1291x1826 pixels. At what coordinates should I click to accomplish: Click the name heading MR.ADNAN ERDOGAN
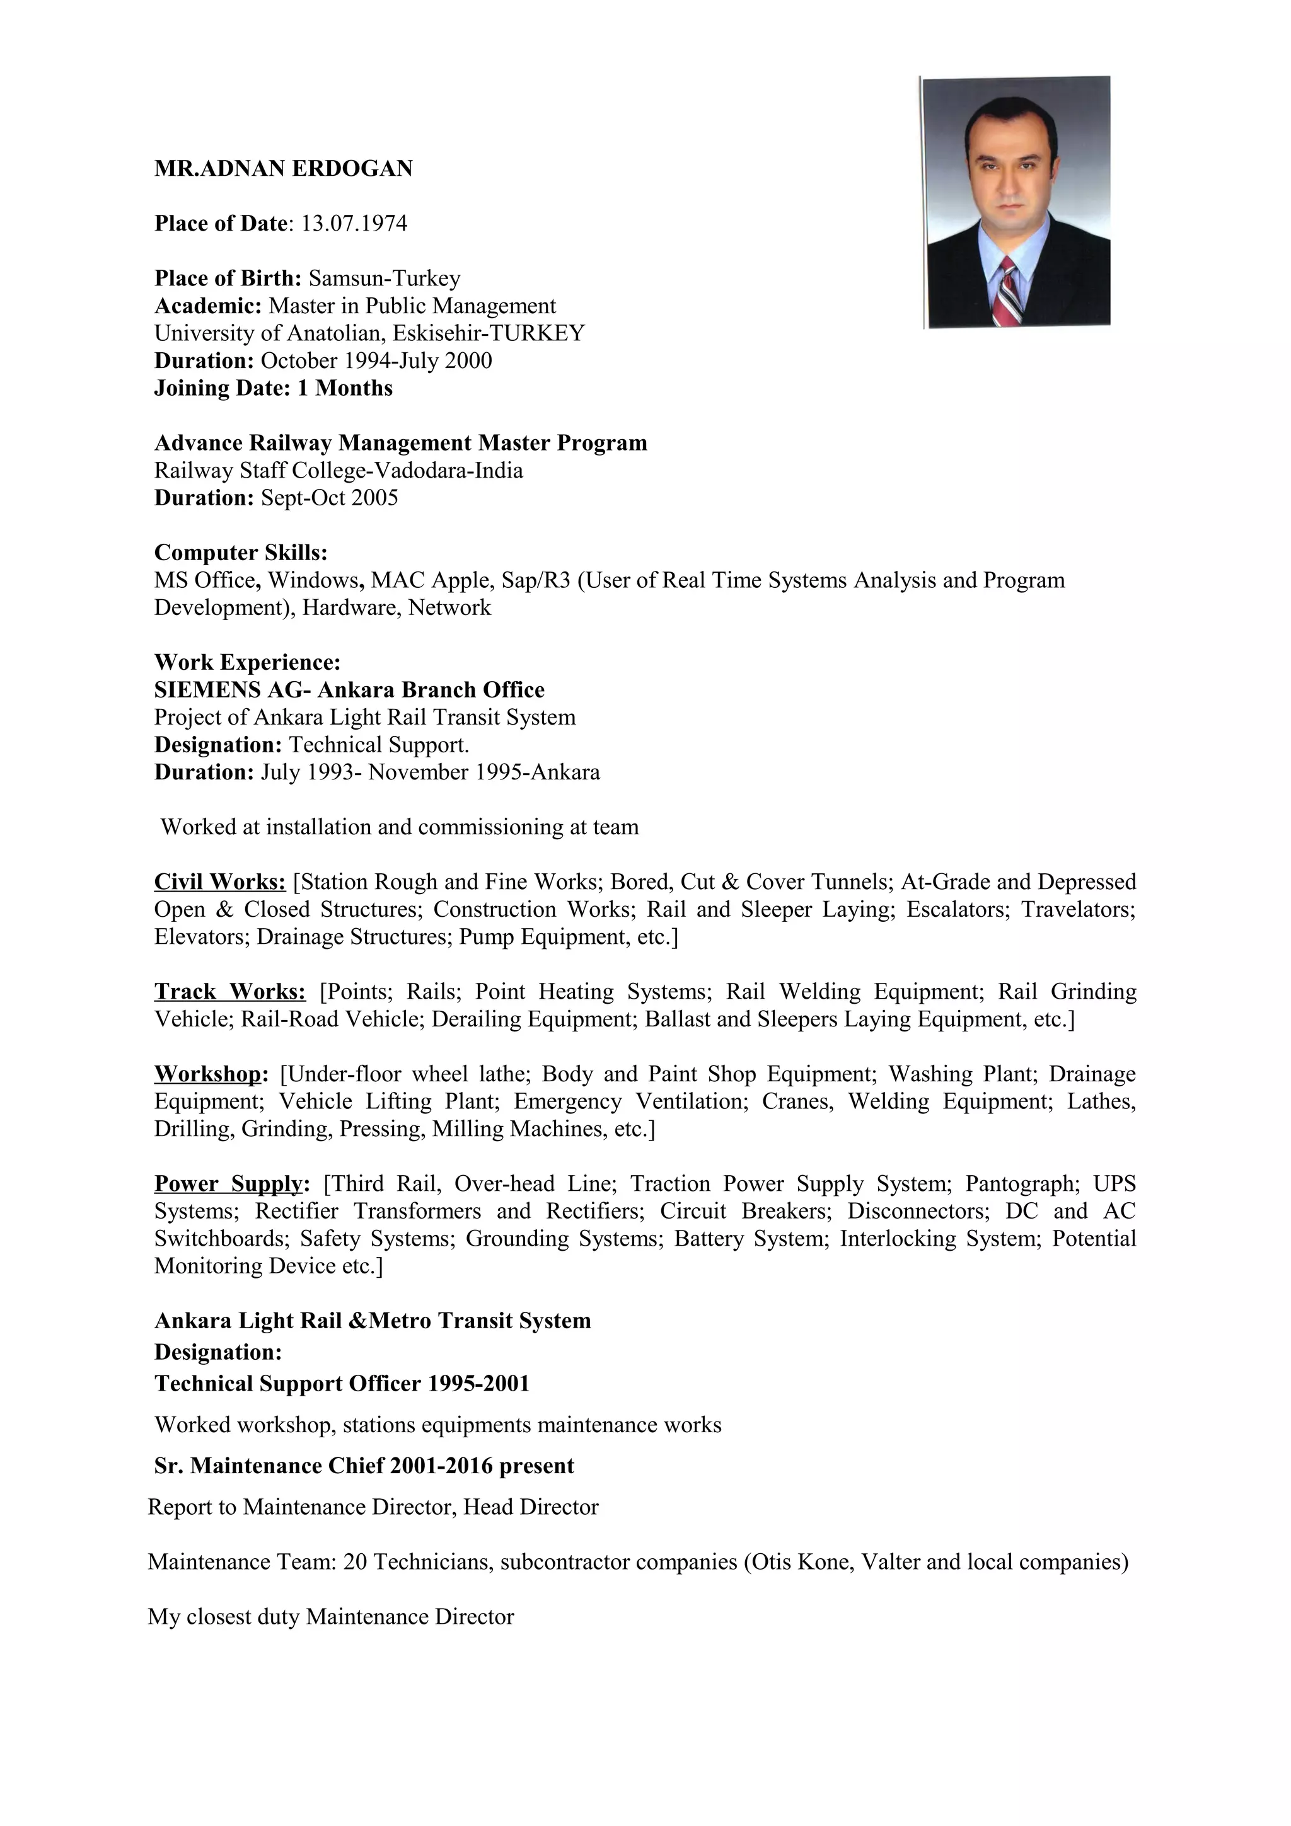283,169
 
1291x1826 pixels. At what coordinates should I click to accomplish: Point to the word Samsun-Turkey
384,278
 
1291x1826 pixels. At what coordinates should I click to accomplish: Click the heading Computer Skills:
240,553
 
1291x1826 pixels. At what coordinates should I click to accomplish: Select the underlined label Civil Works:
219,882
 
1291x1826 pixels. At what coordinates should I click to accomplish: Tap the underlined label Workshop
207,1074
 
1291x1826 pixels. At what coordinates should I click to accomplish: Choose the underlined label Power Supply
228,1183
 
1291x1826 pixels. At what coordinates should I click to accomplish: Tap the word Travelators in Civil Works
1078,909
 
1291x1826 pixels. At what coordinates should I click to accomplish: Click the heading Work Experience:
247,662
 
